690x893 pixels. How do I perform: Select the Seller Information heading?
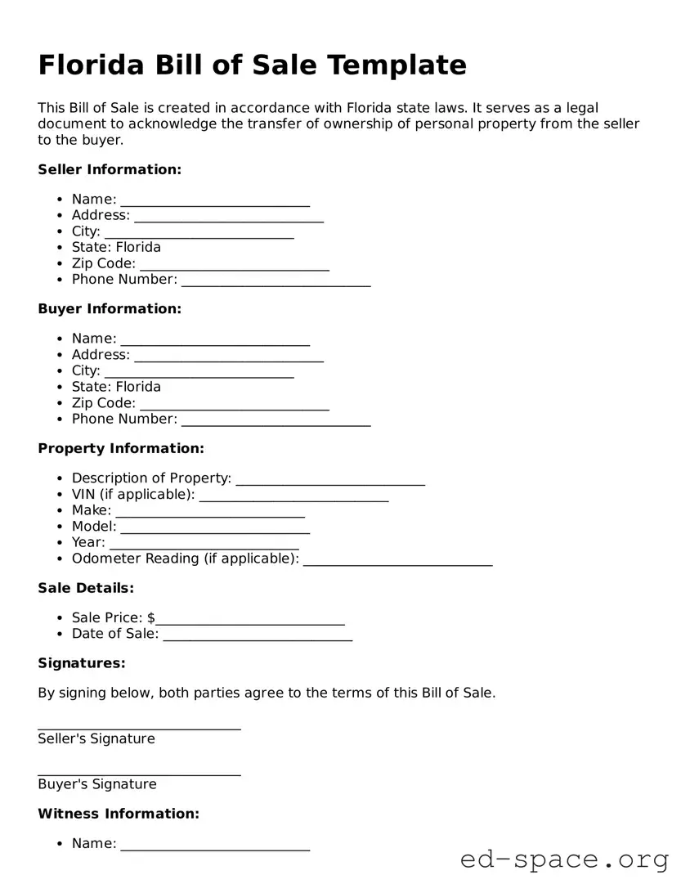point(110,170)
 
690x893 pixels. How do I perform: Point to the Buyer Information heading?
point(110,309)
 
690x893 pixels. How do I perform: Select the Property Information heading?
point(121,449)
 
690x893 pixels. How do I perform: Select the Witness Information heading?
point(119,814)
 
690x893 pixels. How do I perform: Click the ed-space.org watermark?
point(564,860)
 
